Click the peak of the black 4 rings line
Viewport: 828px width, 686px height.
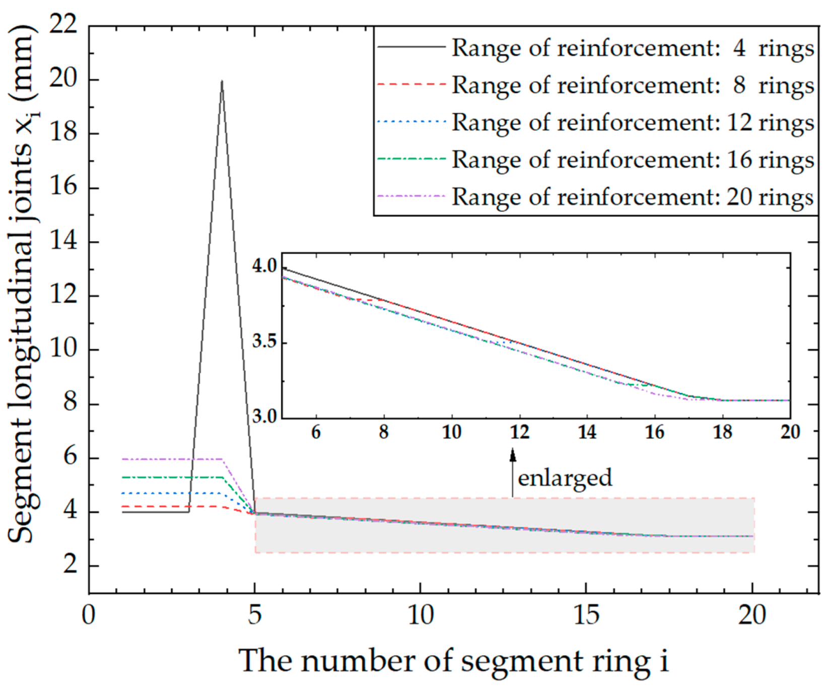pyautogui.click(x=222, y=81)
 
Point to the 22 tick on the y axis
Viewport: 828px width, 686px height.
pyautogui.click(x=64, y=25)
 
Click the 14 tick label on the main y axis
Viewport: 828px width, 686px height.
pyautogui.click(x=64, y=241)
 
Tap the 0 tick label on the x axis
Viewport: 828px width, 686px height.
pyautogui.click(x=89, y=615)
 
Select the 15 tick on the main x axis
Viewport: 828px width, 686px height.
pyautogui.click(x=586, y=615)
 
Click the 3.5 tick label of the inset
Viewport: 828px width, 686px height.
pyautogui.click(x=265, y=342)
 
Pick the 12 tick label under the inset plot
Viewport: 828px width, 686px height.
pyautogui.click(x=519, y=432)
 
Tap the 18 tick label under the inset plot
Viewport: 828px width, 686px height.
pyautogui.click(x=722, y=432)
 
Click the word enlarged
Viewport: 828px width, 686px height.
pyautogui.click(x=565, y=478)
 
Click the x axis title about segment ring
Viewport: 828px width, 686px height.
pyautogui.click(x=453, y=661)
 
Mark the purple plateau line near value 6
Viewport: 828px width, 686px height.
pyautogui.click(x=171, y=459)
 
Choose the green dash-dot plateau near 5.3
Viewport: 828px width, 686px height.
pyautogui.click(x=171, y=477)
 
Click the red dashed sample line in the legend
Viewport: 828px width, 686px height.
pyautogui.click(x=411, y=84)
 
